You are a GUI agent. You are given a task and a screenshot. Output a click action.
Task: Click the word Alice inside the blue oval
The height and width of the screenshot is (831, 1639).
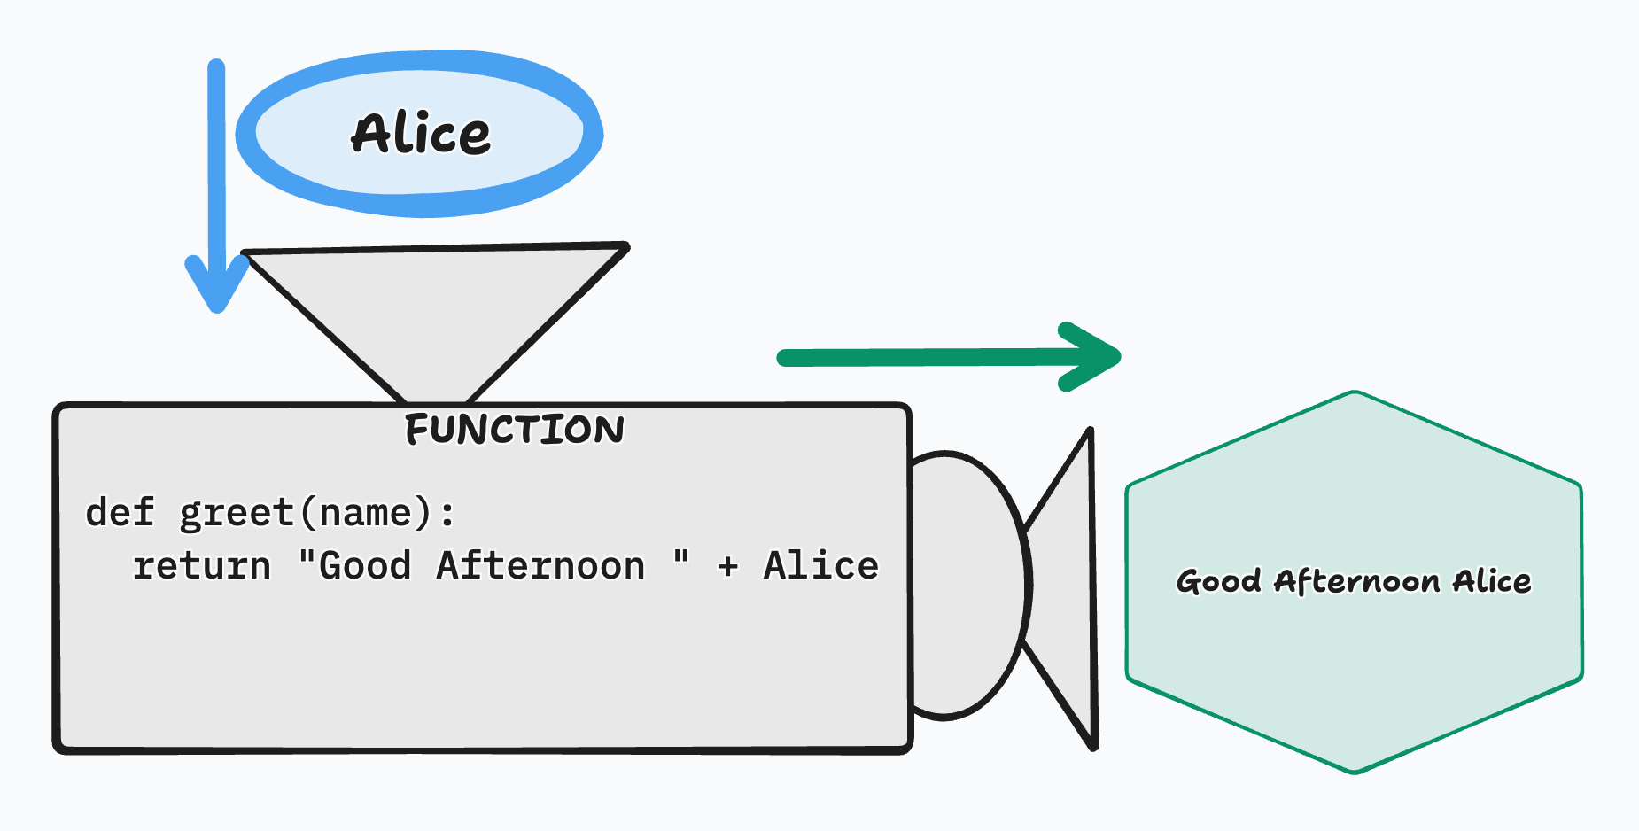click(421, 135)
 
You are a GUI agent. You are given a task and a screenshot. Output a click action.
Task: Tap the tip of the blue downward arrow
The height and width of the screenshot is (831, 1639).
click(217, 306)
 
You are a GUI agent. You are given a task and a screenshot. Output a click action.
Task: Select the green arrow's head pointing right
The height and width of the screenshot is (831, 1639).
click(1099, 357)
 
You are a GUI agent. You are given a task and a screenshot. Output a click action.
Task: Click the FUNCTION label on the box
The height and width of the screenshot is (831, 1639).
click(515, 431)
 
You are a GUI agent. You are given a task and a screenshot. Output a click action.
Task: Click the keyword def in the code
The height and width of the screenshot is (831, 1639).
click(120, 513)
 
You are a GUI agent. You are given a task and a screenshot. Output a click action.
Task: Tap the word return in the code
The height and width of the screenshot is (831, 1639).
click(202, 566)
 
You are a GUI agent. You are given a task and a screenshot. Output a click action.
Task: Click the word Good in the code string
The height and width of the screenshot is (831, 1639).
click(365, 566)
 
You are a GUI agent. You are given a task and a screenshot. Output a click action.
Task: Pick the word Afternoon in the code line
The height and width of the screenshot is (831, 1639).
click(540, 566)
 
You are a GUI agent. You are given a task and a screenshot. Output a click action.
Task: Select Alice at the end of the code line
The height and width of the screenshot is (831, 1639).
click(821, 566)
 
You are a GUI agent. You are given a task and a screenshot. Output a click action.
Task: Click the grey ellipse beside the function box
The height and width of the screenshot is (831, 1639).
click(966, 585)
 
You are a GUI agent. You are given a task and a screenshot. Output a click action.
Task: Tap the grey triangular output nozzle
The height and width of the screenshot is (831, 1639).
click(1068, 585)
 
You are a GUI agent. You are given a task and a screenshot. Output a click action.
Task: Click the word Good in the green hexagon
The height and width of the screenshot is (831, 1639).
click(1218, 582)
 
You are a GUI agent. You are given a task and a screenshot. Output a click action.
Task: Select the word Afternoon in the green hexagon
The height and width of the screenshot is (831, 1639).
click(1357, 582)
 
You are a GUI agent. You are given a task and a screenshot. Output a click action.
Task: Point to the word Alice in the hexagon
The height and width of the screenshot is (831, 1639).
click(1492, 582)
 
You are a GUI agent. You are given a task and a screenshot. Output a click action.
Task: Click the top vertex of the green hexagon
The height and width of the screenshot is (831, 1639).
click(1355, 392)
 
